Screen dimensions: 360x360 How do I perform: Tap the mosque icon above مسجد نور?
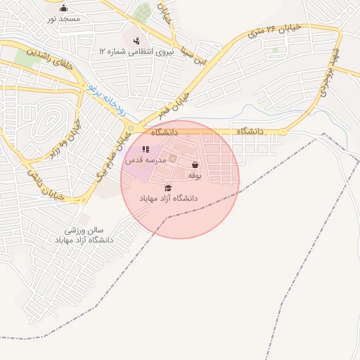64,8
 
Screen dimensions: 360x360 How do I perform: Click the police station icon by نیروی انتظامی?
136,39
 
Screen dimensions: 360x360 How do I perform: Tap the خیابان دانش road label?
46,184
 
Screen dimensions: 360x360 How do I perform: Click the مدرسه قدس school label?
146,161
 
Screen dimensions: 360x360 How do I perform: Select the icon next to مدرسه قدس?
146,149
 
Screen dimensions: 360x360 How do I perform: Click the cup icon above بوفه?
195,165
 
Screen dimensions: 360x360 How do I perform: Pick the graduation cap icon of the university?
168,188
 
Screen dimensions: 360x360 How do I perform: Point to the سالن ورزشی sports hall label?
84,235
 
